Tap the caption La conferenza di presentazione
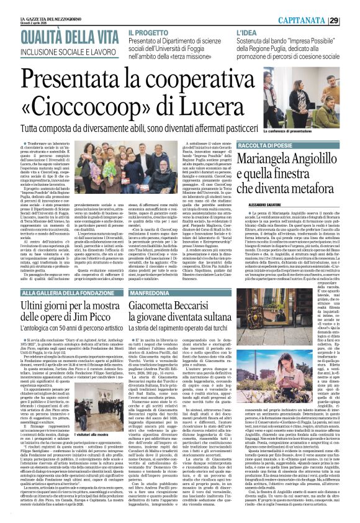(292, 132)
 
